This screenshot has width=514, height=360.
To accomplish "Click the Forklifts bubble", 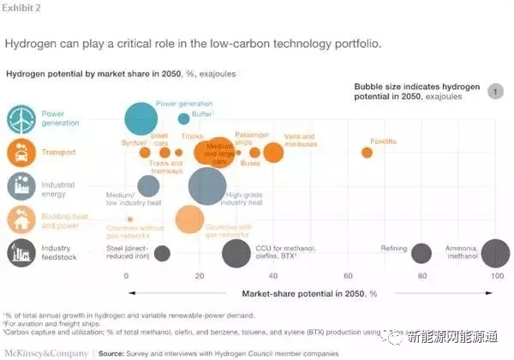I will tap(367, 153).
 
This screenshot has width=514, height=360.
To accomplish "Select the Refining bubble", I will tap(421, 253).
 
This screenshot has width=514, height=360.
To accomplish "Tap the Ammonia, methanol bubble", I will tap(495, 254).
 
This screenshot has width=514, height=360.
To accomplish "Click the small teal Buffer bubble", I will tap(183, 119).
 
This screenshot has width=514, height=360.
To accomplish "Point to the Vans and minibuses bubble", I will tap(272, 153).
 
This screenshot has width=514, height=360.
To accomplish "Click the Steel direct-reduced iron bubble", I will tap(162, 253).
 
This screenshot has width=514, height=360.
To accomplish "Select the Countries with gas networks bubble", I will tap(189, 219).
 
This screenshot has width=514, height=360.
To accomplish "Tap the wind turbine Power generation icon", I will tap(21, 119).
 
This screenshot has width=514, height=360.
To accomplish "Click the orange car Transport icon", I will tap(21, 153).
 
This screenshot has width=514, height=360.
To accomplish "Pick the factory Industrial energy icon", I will tap(21, 186).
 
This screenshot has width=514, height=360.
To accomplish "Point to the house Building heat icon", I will tap(21, 219).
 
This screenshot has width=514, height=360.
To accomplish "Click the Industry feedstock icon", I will tap(21, 252).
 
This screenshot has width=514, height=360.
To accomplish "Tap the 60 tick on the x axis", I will tap(348, 276).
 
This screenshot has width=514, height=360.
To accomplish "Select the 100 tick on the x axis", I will tap(496, 276).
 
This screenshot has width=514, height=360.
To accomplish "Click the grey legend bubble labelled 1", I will tap(494, 92).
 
